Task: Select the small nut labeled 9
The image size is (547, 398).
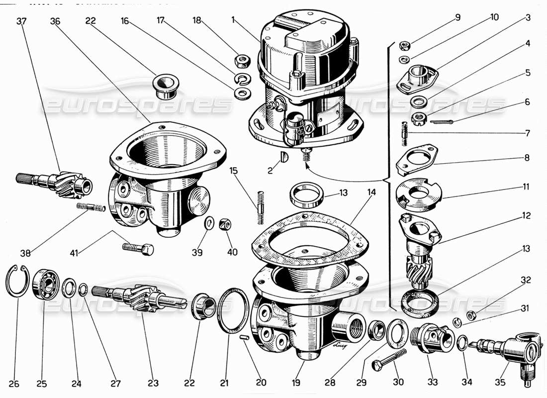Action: click(x=405, y=46)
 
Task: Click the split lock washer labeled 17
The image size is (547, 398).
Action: click(x=242, y=78)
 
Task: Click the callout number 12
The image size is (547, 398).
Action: click(x=526, y=216)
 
